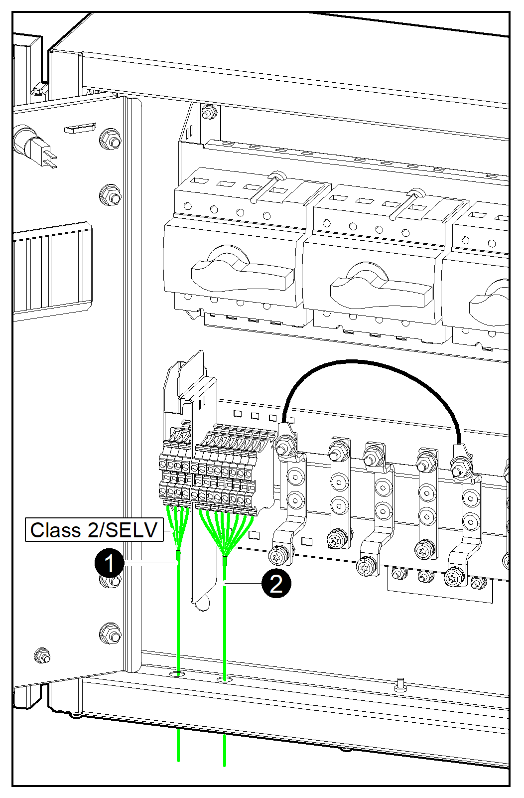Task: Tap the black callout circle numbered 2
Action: tap(276, 583)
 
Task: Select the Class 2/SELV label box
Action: tap(94, 530)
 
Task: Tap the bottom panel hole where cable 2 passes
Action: tap(225, 679)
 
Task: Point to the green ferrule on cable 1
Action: tap(178, 556)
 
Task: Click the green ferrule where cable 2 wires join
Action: tap(225, 562)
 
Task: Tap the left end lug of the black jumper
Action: tap(286, 439)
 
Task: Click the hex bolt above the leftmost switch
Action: tap(208, 113)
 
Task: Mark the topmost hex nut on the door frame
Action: tap(110, 140)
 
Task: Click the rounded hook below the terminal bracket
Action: tap(201, 602)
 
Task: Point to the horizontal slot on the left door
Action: tap(80, 128)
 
